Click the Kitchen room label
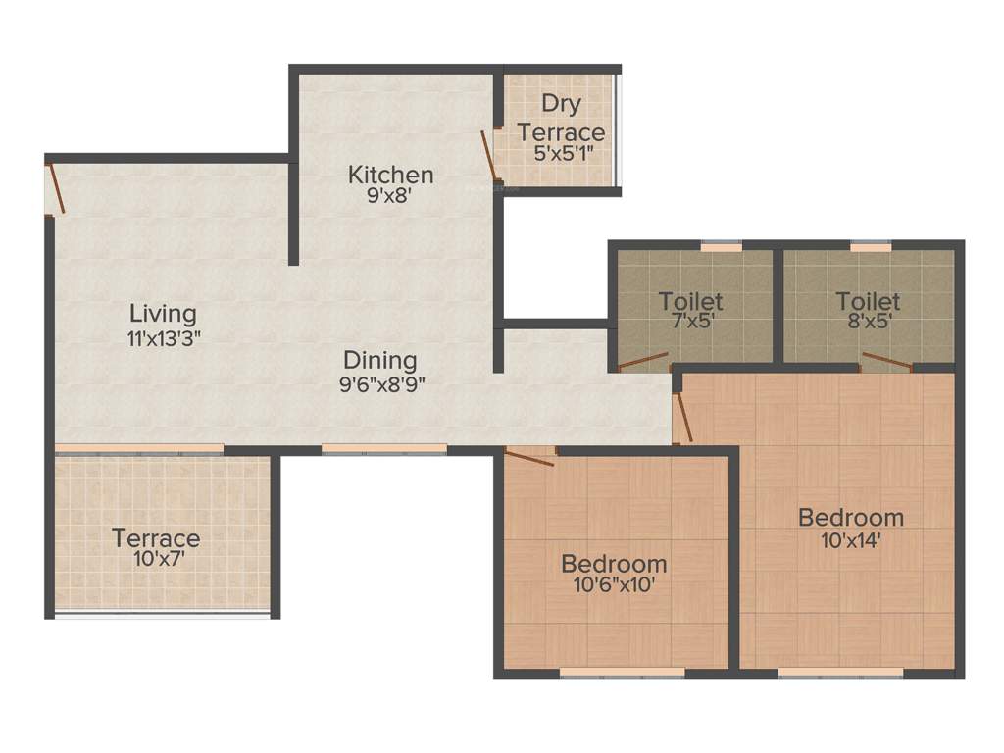pyautogui.click(x=390, y=175)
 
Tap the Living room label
pyautogui.click(x=163, y=314)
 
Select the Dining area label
pyautogui.click(x=379, y=360)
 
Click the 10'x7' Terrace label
pyautogui.click(x=156, y=538)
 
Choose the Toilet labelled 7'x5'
pyautogui.click(x=690, y=300)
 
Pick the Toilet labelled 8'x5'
pyautogui.click(x=868, y=300)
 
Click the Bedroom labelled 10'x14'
pyautogui.click(x=850, y=517)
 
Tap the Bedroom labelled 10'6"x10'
pyautogui.click(x=614, y=564)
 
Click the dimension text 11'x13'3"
pyautogui.click(x=164, y=338)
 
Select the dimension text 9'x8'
pyautogui.click(x=390, y=195)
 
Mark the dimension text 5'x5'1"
pyautogui.click(x=563, y=153)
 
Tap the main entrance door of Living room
pyautogui.click(x=57, y=189)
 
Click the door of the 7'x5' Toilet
pyautogui.click(x=643, y=361)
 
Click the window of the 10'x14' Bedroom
pyautogui.click(x=840, y=673)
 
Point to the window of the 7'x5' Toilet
pyautogui.click(x=720, y=246)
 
